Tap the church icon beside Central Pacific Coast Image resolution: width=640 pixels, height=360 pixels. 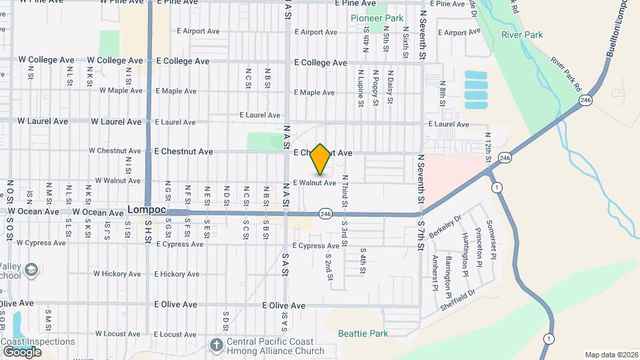point(216,345)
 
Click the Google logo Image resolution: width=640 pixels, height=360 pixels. point(22,351)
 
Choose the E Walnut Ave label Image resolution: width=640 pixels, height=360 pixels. point(314,183)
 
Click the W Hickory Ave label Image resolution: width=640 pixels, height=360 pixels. point(119,274)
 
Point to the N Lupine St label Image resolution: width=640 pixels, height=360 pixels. point(361,88)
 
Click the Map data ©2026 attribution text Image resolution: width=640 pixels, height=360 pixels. point(611,355)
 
